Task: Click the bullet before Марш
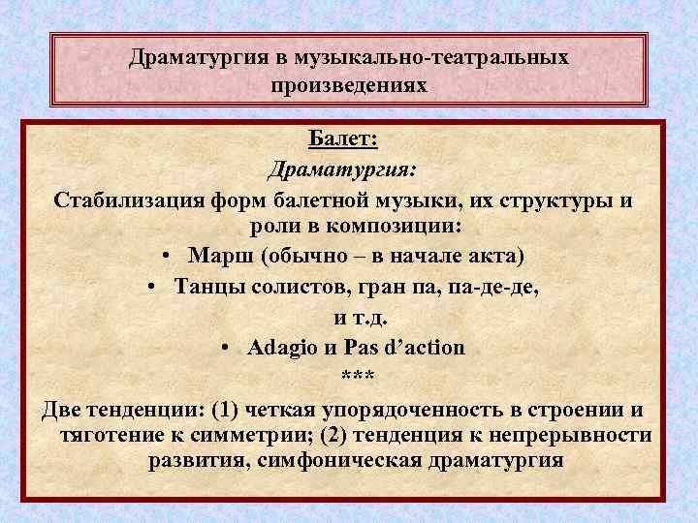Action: coord(168,256)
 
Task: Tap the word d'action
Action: coord(425,346)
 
